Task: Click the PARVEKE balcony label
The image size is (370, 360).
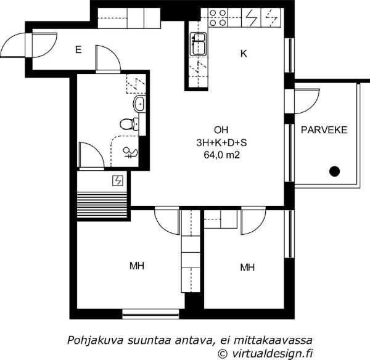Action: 324,130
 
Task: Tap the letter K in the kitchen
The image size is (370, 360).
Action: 244,54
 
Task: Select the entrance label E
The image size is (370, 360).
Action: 78,50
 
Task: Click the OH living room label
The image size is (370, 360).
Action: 221,129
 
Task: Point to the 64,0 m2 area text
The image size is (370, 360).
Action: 222,155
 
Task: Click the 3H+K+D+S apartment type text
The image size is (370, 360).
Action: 221,143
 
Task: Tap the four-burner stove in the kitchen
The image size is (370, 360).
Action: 218,18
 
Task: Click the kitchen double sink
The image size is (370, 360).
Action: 198,44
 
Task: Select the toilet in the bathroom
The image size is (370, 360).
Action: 129,124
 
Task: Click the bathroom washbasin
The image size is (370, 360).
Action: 139,104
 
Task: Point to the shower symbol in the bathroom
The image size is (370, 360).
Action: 130,152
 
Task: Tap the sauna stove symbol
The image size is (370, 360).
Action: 118,181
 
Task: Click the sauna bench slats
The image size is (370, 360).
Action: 102,205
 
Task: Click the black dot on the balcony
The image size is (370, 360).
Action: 334,171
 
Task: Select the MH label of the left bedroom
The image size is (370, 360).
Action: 137,266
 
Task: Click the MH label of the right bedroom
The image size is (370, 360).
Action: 247,268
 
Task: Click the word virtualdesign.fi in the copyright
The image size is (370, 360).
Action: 273,353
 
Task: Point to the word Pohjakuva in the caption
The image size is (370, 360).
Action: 95,340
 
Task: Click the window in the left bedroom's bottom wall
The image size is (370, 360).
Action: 151,314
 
